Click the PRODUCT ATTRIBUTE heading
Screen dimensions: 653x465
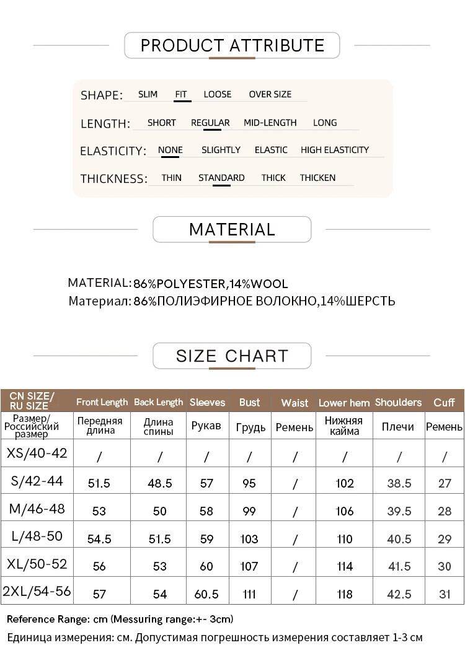click(x=232, y=45)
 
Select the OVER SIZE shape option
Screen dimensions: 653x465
click(x=270, y=94)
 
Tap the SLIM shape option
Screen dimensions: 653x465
click(x=148, y=94)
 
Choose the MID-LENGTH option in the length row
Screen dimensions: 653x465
click(x=270, y=123)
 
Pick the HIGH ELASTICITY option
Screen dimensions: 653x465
click(x=334, y=150)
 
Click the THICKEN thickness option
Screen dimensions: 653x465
click(x=317, y=178)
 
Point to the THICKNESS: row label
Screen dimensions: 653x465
click(x=113, y=179)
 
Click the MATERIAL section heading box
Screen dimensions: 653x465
click(x=232, y=229)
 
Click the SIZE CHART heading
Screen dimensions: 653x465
click(x=232, y=356)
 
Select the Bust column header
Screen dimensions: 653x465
click(x=249, y=402)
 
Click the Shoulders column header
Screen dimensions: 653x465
click(x=398, y=402)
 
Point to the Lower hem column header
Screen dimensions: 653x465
click(x=344, y=403)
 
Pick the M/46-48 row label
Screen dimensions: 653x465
click(x=37, y=509)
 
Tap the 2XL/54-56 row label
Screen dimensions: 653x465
click(x=37, y=591)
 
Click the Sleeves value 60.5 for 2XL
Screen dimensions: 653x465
click(x=206, y=594)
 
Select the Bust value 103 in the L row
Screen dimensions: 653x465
click(x=249, y=538)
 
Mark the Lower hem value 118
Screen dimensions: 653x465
click(x=345, y=594)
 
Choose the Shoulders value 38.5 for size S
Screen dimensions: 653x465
click(x=399, y=483)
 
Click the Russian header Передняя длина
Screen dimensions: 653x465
click(x=99, y=426)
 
